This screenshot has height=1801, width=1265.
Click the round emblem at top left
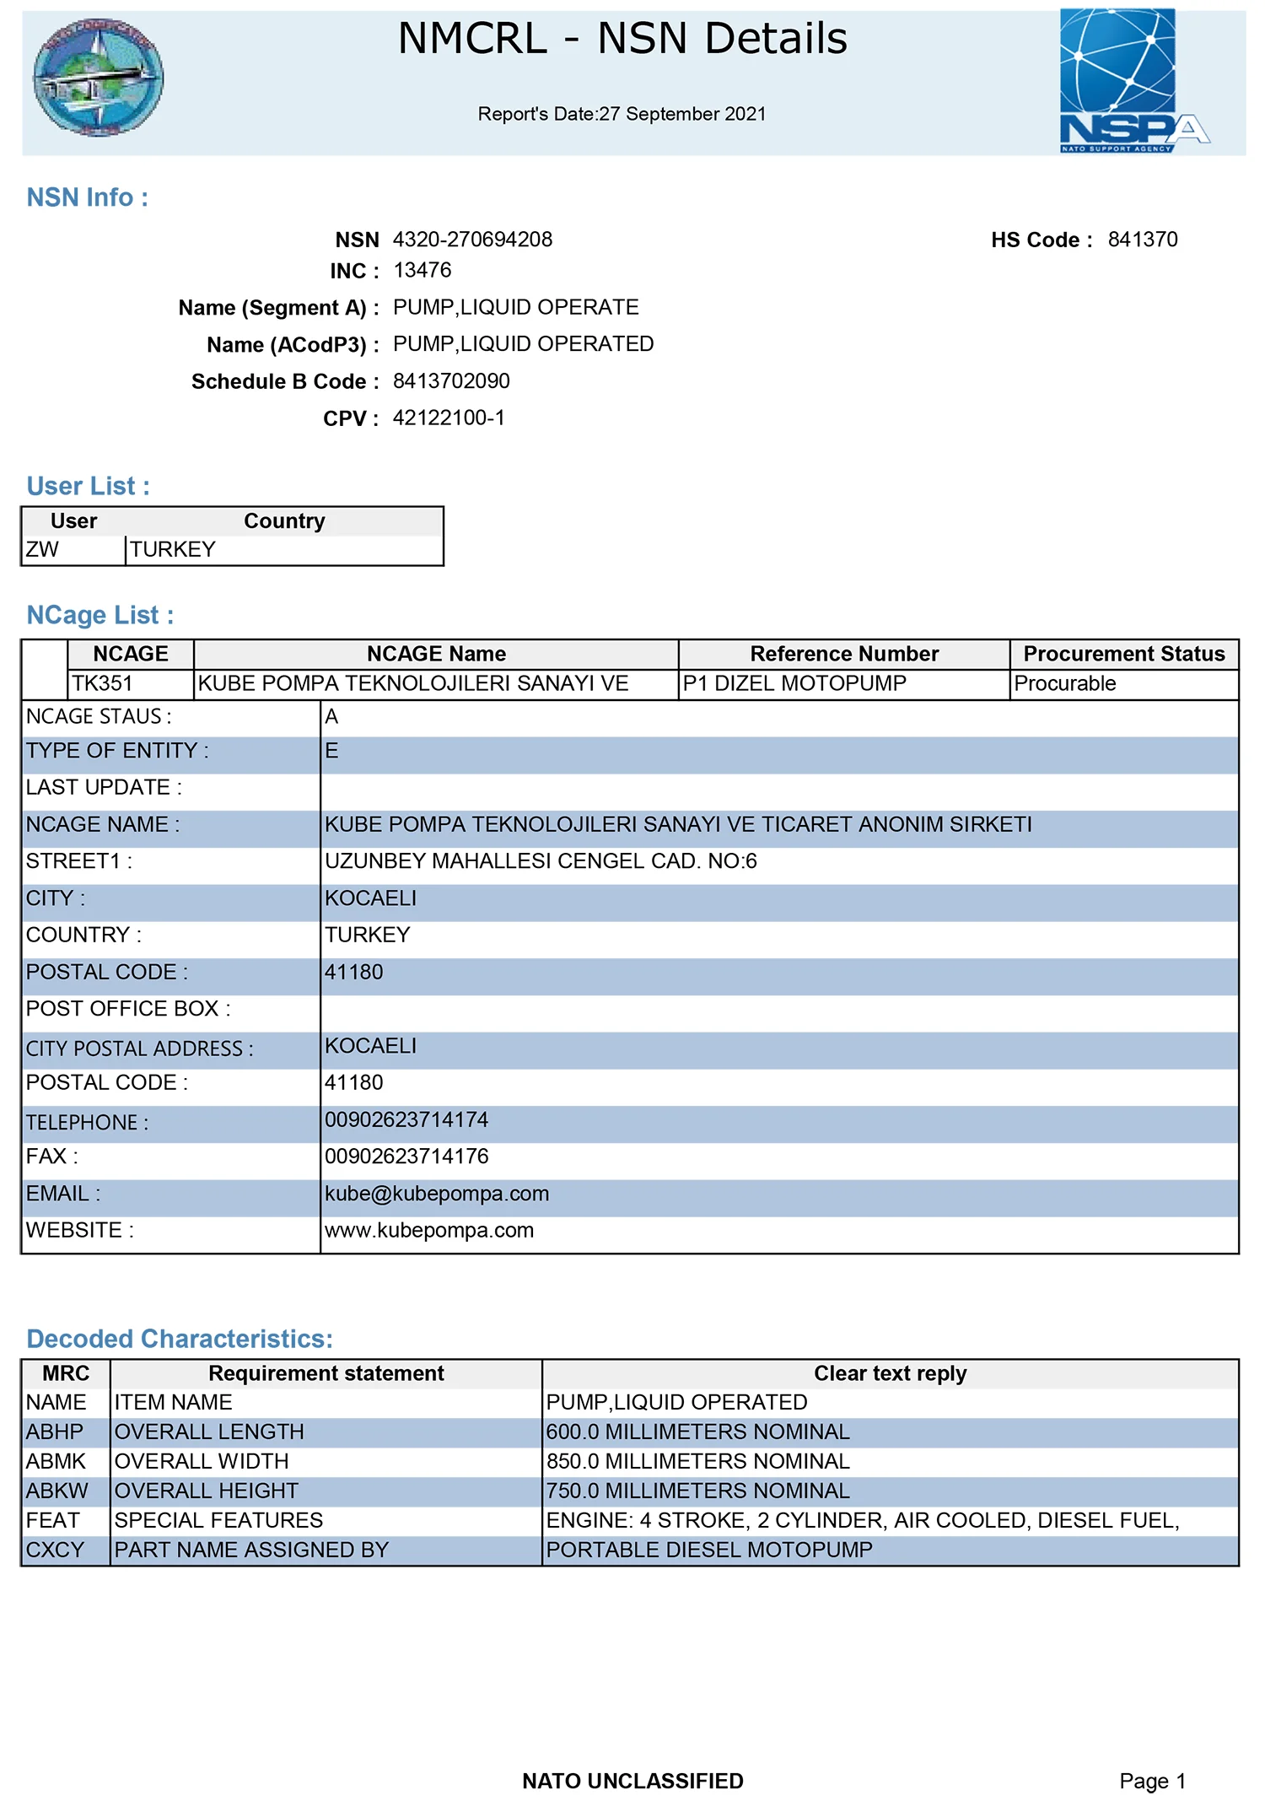[x=98, y=78]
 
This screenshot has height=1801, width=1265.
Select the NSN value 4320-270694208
[x=472, y=240]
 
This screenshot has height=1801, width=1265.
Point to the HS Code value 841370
[x=1142, y=240]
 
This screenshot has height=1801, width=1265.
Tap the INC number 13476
[x=422, y=271]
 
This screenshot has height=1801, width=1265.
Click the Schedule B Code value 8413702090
[x=451, y=381]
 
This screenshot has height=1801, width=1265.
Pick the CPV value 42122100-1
[x=449, y=418]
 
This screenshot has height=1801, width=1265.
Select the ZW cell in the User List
[x=43, y=550]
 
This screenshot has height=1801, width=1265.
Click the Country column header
[x=284, y=521]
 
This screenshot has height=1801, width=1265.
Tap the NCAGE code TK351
[x=102, y=684]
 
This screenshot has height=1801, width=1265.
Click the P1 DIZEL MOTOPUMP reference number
[x=794, y=684]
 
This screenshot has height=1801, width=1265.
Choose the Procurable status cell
[x=1064, y=684]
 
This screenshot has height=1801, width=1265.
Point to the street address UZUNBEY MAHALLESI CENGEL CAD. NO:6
[x=541, y=861]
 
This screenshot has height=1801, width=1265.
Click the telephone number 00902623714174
[x=406, y=1120]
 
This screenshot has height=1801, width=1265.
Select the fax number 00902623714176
[x=406, y=1157]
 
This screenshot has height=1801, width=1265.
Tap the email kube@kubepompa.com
[x=437, y=1194]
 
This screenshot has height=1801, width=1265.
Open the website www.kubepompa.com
[x=429, y=1231]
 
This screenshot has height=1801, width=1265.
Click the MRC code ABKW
[x=57, y=1491]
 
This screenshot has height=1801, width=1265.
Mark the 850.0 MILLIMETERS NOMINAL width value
[x=697, y=1462]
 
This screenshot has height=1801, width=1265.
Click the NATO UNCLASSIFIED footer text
[x=632, y=1781]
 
